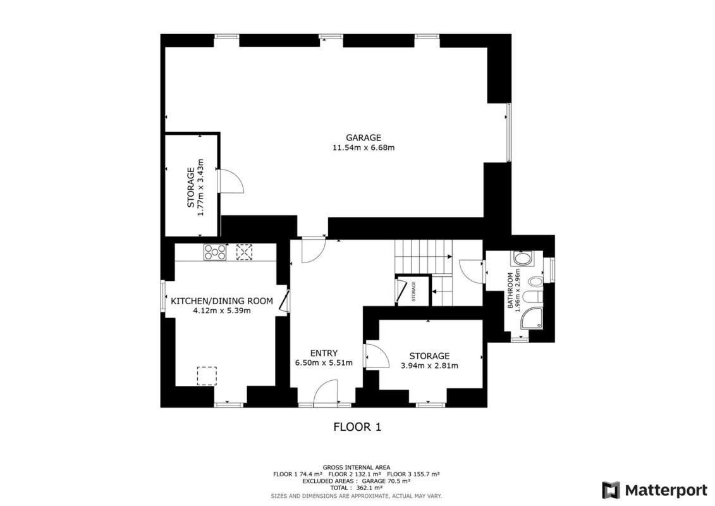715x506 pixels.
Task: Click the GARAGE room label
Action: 363,138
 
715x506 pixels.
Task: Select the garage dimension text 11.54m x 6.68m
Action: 364,148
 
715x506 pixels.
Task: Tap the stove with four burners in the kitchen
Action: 215,252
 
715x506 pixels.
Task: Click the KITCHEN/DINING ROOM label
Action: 222,301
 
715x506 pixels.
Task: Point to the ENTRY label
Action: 324,353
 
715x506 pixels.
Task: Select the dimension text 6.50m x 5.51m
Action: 324,363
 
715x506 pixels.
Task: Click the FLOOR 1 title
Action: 358,427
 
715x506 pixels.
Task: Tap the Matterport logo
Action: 654,490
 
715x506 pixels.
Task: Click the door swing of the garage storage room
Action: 231,181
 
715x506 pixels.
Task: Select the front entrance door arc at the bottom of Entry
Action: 326,392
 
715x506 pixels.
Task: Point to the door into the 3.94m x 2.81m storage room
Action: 377,355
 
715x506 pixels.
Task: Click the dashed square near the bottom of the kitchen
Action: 207,376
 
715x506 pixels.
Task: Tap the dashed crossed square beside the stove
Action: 244,252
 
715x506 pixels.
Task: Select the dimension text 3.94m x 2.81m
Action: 429,366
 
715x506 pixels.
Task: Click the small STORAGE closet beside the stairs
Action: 413,290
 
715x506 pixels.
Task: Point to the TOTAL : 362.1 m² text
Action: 357,488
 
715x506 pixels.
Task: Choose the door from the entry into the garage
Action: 314,250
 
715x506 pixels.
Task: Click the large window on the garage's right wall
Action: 509,132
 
